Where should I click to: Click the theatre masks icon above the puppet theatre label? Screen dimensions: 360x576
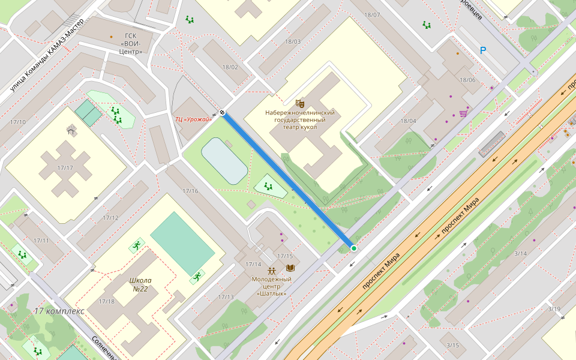pos(300,103)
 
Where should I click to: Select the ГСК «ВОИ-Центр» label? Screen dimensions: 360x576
pos(130,44)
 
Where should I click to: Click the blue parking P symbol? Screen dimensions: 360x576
pos(483,51)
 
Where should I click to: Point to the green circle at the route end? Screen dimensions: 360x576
pos(353,248)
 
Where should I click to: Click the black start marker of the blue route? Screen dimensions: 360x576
pos(223,112)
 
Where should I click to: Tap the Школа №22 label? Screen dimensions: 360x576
pos(140,284)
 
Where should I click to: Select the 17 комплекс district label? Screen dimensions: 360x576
pos(59,311)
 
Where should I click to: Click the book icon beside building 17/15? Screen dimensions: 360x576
pos(291,268)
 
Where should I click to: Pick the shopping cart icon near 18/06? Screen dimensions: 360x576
pos(463,113)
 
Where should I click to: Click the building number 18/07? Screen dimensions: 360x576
pos(372,15)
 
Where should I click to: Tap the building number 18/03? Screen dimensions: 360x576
pos(293,41)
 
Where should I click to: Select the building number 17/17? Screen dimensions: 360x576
pos(65,168)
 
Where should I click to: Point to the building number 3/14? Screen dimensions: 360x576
pos(520,254)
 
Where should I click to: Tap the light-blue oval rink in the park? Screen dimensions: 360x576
pos(224,160)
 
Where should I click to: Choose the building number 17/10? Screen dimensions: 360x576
pos(18,122)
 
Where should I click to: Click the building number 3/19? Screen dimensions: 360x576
pos(554,309)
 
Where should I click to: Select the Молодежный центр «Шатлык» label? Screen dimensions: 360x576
pos(271,286)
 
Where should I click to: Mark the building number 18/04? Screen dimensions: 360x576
pos(408,121)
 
